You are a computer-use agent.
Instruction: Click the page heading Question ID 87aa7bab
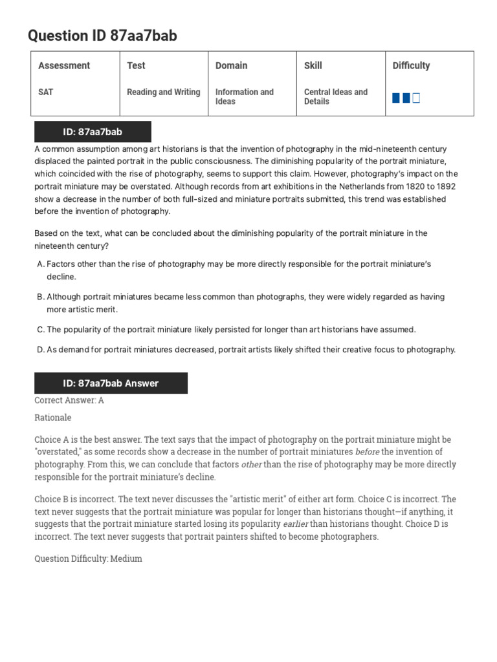click(102, 36)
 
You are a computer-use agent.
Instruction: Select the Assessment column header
click(64, 65)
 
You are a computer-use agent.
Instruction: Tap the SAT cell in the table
click(46, 92)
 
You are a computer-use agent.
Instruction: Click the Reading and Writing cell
click(163, 92)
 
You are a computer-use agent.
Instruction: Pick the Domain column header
click(231, 65)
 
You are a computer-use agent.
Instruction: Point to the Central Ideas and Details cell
click(335, 96)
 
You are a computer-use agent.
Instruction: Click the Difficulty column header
click(411, 65)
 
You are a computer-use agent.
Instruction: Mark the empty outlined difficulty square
click(416, 98)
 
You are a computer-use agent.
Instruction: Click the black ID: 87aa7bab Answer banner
click(111, 383)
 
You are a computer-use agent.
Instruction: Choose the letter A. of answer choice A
click(39, 264)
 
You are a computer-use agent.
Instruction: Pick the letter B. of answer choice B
click(39, 297)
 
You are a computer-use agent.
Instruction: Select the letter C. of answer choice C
click(39, 330)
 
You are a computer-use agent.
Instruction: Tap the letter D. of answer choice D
click(39, 350)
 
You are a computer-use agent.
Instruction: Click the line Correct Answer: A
click(69, 400)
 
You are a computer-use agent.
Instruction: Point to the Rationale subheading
click(53, 418)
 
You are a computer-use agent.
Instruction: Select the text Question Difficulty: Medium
click(88, 559)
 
